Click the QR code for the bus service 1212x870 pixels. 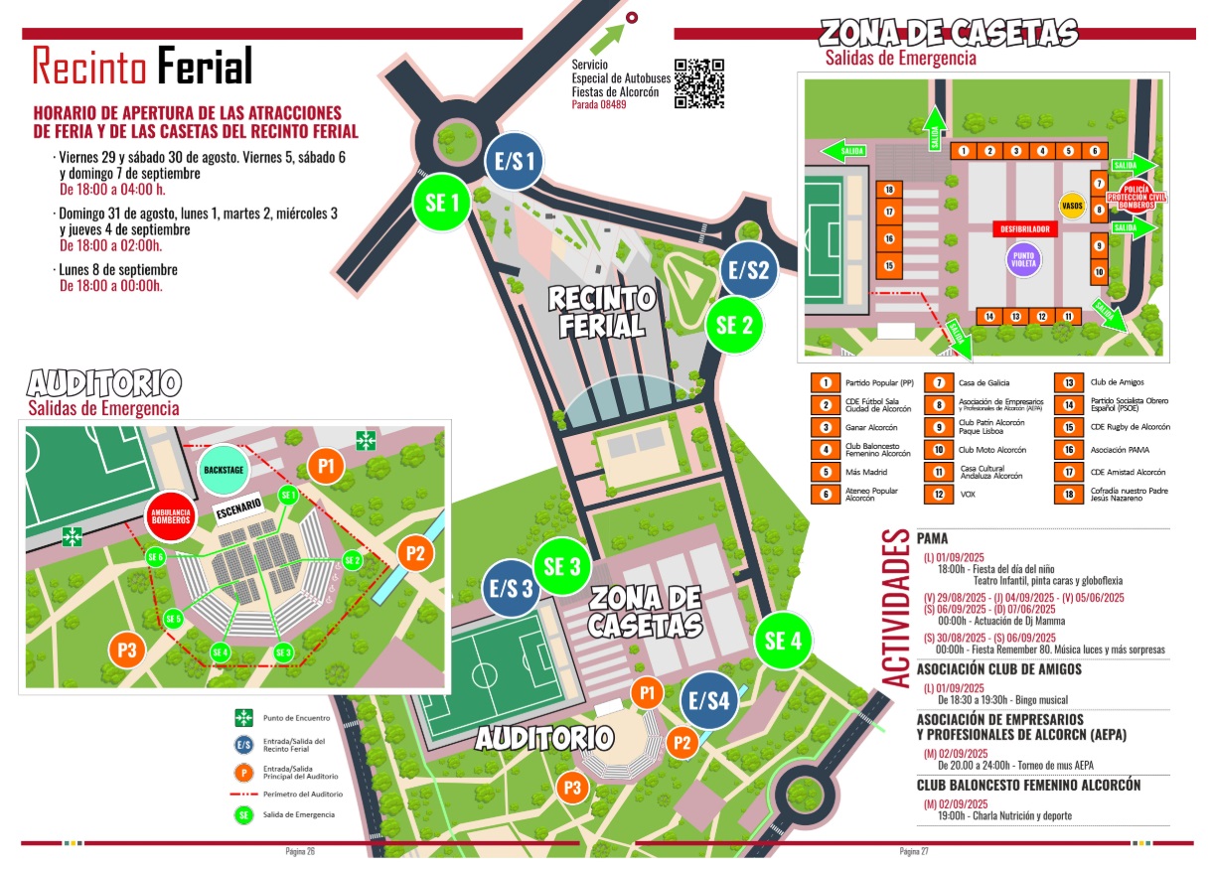pyautogui.click(x=699, y=83)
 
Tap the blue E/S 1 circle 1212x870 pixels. pyautogui.click(x=514, y=161)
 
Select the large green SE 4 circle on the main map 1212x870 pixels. pyautogui.click(x=784, y=642)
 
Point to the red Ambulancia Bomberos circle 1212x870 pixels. pyautogui.click(x=170, y=516)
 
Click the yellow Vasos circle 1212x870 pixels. pyautogui.click(x=1072, y=206)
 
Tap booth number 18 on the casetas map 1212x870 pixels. pyautogui.click(x=889, y=190)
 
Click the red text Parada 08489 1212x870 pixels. pyautogui.click(x=599, y=104)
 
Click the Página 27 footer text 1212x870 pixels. pyautogui.click(x=913, y=852)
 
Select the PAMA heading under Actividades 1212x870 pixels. pyautogui.click(x=934, y=537)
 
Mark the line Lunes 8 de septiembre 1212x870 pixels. pyautogui.click(x=117, y=270)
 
